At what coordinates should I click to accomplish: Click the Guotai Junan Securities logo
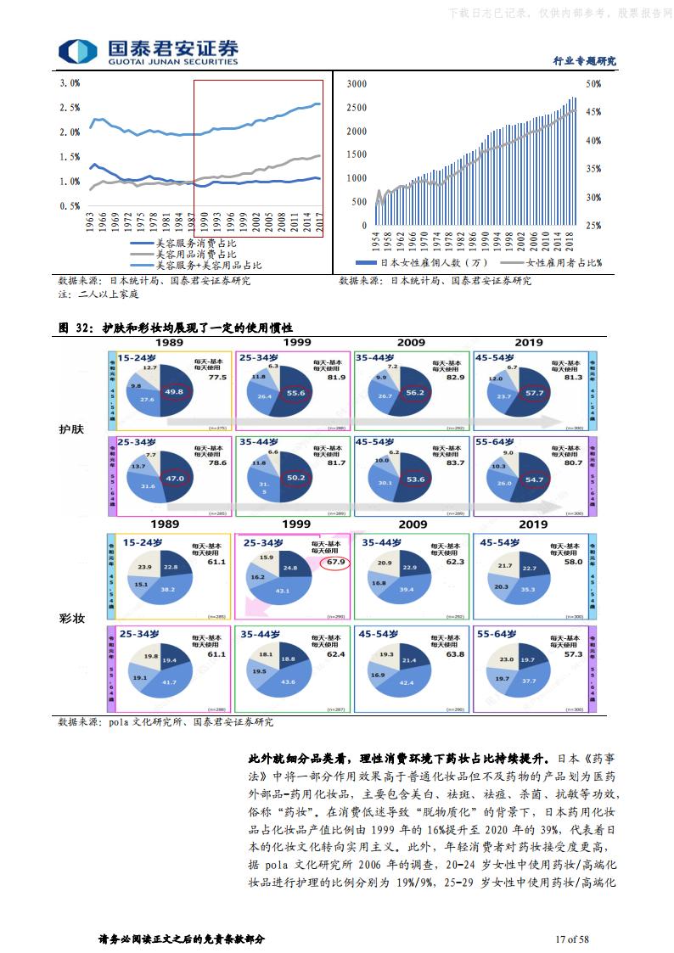coord(149,51)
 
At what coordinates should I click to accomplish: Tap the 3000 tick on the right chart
coord(357,84)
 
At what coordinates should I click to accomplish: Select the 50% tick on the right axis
coord(593,84)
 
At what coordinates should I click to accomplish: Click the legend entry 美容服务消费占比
coord(196,244)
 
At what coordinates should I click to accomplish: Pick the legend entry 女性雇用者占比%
coord(564,263)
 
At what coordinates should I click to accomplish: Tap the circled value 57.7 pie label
coord(536,394)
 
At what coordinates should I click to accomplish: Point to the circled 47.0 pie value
coord(175,479)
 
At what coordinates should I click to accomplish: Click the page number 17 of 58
coord(571,939)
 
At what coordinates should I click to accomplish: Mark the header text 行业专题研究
coord(584,61)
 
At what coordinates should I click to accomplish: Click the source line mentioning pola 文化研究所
coord(166,722)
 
